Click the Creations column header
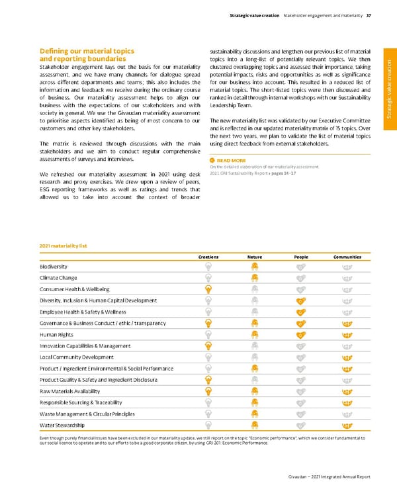[x=208, y=256]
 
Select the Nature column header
[x=254, y=256]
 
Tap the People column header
[x=301, y=256]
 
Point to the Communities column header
[x=347, y=256]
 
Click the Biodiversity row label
[x=54, y=266]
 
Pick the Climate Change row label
[x=59, y=278]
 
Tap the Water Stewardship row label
[x=62, y=425]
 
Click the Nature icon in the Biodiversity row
[x=254, y=266]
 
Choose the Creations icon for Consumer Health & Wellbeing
[x=208, y=289]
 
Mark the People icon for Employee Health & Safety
[x=301, y=312]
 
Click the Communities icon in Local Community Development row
[x=347, y=357]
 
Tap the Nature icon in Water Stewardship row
[x=254, y=425]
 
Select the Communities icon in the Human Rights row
[x=347, y=334]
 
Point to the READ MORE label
[x=231, y=160]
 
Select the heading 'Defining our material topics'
[x=87, y=51]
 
